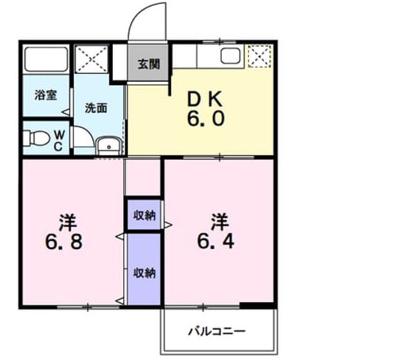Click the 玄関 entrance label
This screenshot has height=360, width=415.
(148, 64)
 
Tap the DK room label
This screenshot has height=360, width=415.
(205, 99)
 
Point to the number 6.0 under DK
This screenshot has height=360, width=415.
(206, 118)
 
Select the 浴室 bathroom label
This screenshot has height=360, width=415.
(46, 95)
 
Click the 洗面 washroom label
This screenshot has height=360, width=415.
(96, 108)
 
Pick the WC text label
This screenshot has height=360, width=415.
(59, 141)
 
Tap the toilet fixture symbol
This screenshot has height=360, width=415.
(36, 138)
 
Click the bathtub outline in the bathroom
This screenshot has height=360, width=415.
(46, 59)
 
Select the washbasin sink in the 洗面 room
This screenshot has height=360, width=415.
(108, 145)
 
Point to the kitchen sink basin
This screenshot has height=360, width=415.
(231, 56)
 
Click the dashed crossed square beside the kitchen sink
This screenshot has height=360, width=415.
(259, 56)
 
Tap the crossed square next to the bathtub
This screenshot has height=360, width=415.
(91, 59)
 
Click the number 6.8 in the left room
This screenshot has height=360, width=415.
(64, 242)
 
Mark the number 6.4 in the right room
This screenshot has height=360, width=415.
(216, 241)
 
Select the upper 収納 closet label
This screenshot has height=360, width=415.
(144, 215)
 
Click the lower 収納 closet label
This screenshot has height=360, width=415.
(144, 273)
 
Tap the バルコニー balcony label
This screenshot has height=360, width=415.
(217, 331)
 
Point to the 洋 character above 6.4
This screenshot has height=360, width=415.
(219, 222)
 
